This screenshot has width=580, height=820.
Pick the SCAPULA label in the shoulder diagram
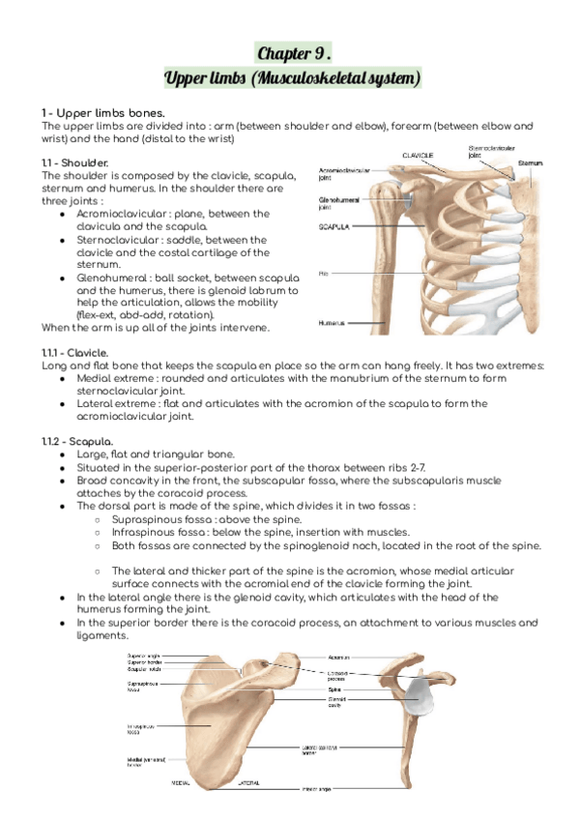point(337,228)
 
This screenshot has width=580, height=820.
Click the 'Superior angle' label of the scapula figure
point(144,655)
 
